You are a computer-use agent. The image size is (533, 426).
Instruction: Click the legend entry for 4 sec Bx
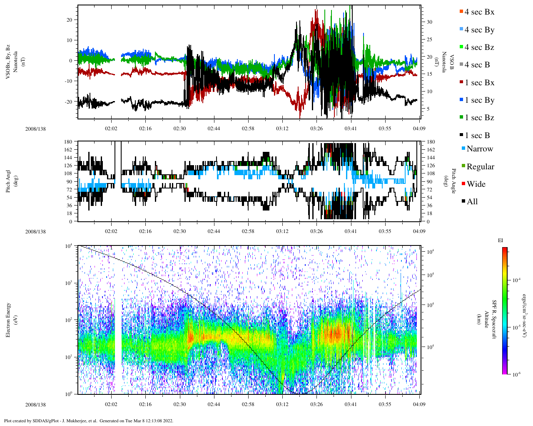click(479, 12)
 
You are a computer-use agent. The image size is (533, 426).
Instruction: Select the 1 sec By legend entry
click(479, 100)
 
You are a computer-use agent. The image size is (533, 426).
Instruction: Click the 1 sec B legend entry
click(477, 135)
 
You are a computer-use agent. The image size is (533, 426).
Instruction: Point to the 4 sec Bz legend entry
click(479, 47)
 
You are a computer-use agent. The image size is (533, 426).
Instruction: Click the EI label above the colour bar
click(500, 240)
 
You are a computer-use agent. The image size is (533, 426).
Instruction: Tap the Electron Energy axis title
click(8, 319)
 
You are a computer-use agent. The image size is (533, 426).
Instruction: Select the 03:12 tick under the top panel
click(282, 129)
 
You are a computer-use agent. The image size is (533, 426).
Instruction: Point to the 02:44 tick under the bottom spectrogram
click(214, 404)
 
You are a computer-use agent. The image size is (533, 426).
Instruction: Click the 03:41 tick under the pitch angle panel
click(351, 231)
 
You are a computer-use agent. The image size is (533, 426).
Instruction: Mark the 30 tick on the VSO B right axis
click(430, 22)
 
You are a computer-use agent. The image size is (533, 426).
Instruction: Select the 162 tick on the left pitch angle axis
click(68, 150)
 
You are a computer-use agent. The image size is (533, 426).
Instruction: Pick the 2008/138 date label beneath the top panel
click(35, 129)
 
